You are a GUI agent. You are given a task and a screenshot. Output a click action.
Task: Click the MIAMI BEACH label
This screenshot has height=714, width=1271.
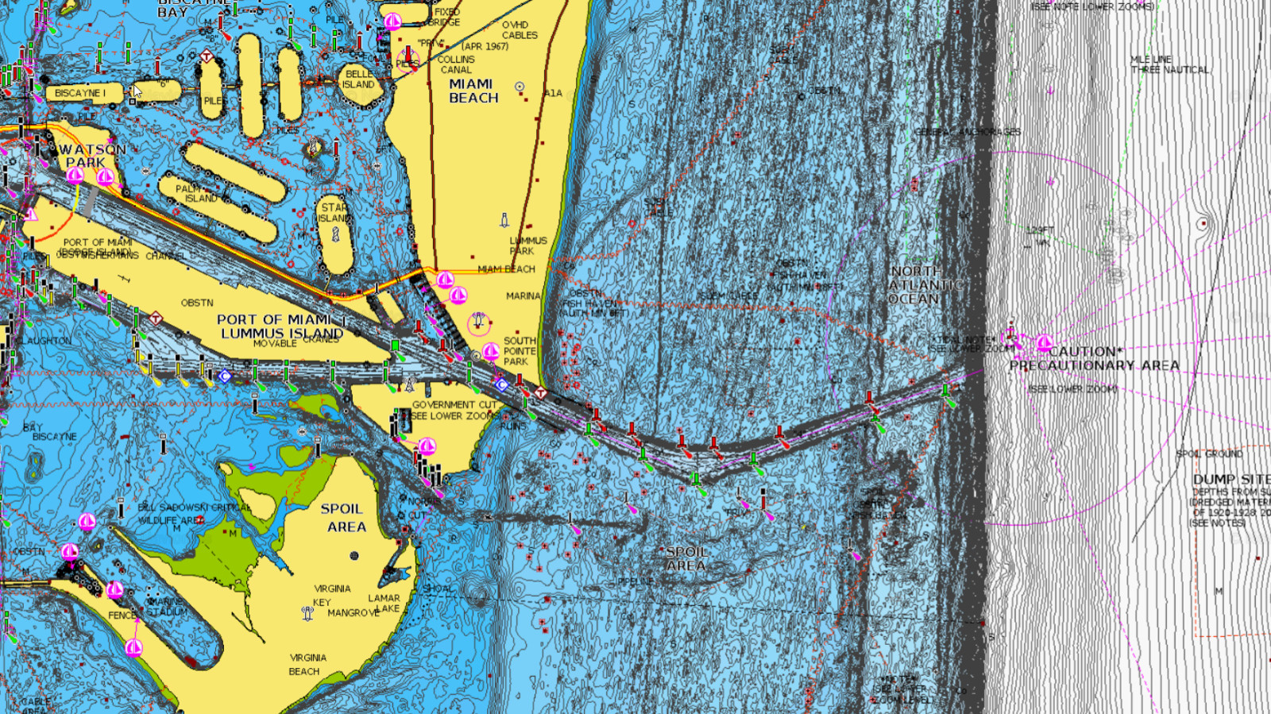[473, 91]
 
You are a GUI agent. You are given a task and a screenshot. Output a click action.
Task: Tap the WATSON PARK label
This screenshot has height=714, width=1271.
[91, 156]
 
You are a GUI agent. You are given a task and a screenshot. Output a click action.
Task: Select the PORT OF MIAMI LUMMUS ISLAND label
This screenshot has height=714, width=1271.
[280, 326]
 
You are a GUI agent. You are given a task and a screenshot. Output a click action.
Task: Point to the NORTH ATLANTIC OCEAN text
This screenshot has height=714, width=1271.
[916, 285]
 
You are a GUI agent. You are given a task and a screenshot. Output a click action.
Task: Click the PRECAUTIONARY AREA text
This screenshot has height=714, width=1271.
[1094, 365]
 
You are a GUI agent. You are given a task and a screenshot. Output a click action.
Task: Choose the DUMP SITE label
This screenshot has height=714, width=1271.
[1230, 479]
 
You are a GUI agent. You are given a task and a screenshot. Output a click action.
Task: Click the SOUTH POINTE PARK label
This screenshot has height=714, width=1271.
[520, 351]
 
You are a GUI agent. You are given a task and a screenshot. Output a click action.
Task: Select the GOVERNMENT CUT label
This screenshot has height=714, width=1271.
[454, 404]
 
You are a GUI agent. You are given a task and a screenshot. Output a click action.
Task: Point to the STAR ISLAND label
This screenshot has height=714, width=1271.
[334, 213]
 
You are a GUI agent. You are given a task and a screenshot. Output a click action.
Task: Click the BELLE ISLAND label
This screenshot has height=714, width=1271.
[358, 79]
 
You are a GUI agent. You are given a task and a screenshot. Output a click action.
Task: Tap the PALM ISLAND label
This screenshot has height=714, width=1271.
[195, 194]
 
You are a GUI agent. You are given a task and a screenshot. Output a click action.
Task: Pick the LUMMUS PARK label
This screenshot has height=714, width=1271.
[527, 245]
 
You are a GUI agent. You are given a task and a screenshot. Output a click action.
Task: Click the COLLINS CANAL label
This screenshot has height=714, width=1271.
[456, 64]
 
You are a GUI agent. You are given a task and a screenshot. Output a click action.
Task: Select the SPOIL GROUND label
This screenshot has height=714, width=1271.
[1209, 453]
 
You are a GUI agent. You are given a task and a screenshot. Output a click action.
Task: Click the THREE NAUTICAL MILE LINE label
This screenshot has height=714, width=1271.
[1169, 64]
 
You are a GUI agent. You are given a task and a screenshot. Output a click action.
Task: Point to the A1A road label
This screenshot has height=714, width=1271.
[553, 93]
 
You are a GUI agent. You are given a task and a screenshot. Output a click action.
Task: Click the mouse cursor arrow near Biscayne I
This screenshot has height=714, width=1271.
[137, 91]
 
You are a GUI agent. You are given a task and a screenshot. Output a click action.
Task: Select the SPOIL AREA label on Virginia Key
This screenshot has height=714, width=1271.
[343, 517]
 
